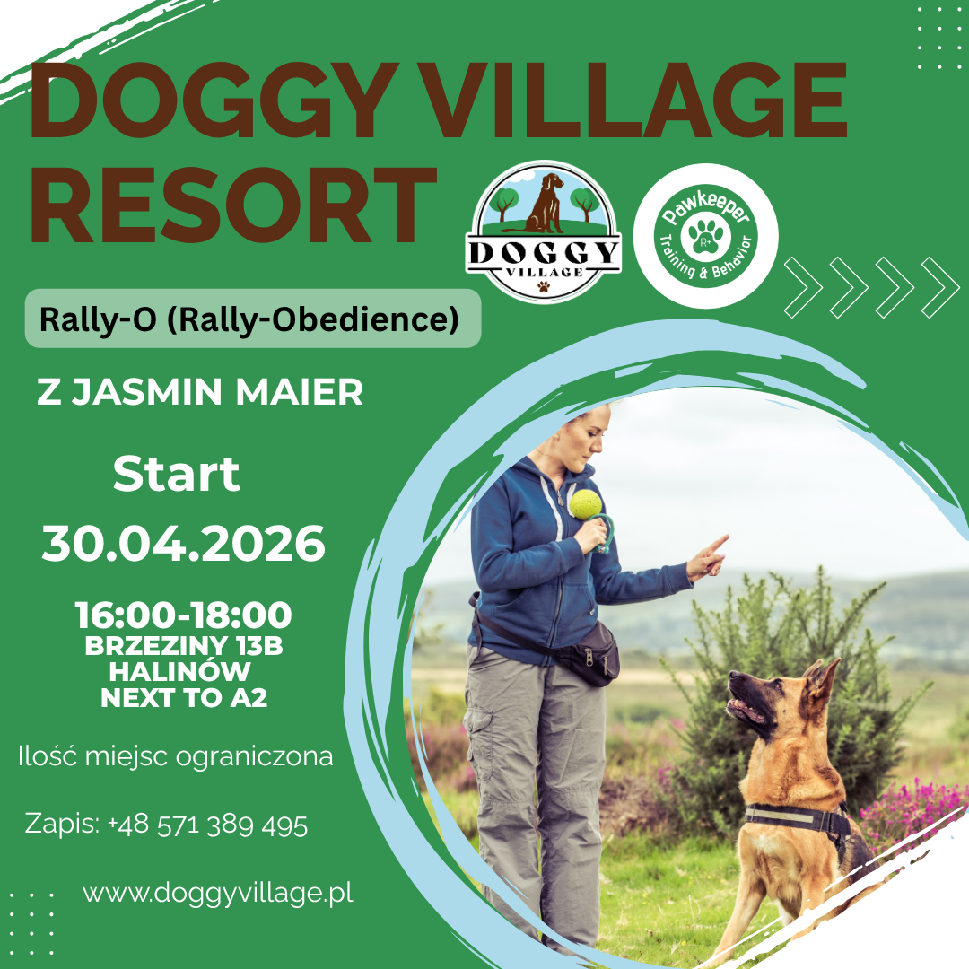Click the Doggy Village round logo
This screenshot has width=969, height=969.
(544, 231)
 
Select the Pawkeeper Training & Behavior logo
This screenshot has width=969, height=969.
(706, 236)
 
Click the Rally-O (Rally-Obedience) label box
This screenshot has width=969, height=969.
(252, 319)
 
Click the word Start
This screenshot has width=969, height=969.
(177, 475)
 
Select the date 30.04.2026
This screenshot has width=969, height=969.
(183, 544)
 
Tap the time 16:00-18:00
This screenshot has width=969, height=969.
(183, 615)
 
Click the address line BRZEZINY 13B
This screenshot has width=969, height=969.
(184, 647)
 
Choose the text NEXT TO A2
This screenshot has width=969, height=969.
(184, 698)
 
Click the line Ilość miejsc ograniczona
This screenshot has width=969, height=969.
(176, 756)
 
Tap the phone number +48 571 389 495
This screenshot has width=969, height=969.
(207, 825)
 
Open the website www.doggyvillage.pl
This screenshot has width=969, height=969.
(218, 893)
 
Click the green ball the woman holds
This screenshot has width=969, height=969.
(585, 504)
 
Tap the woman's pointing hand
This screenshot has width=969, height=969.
(706, 558)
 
